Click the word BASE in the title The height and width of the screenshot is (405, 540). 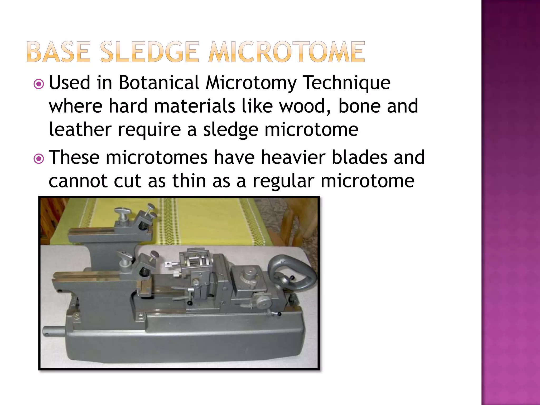[58, 52]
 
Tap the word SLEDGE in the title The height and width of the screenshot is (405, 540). [149, 52]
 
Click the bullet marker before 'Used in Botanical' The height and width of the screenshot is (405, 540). [39, 84]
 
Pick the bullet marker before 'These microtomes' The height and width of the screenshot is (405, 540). [39, 159]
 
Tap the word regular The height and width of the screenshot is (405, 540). [283, 181]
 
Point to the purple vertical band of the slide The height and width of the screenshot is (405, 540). [510, 202]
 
